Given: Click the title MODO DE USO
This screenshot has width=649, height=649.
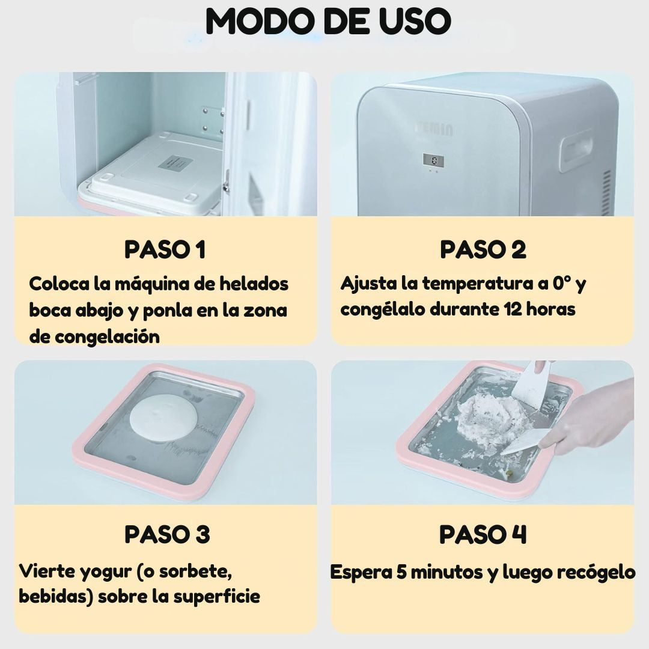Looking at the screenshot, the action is (x=328, y=20).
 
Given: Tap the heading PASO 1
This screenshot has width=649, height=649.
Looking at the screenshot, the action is (x=165, y=249).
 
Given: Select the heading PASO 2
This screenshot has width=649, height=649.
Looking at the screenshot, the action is (x=483, y=249).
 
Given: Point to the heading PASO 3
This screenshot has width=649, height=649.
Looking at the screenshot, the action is (x=167, y=534).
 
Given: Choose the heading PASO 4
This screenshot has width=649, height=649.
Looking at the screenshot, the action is (x=483, y=534).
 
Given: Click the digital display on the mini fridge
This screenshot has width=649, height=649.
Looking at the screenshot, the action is (x=433, y=160).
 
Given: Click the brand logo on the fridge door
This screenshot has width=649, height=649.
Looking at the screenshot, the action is (x=434, y=129).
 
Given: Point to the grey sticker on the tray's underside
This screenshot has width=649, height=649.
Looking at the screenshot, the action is (x=172, y=163).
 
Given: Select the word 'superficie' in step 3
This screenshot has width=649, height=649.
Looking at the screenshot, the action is (x=216, y=597).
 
